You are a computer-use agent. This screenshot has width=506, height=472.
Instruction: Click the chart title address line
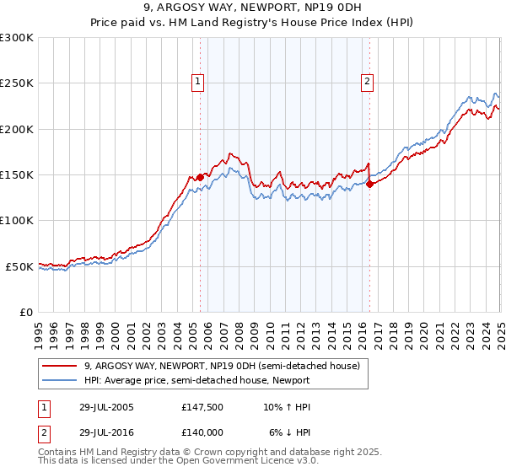(x=253, y=8)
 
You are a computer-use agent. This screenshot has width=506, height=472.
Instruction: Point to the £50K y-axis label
(x=19, y=266)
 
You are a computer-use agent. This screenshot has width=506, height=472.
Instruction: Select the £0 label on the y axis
(x=26, y=312)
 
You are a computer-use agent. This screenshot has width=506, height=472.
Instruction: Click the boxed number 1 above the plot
(x=197, y=82)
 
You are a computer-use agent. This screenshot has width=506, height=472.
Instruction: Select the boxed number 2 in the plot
(x=368, y=82)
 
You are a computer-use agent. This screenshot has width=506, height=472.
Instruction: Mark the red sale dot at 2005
(x=200, y=177)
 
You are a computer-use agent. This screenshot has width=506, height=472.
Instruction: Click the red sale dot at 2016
(x=370, y=185)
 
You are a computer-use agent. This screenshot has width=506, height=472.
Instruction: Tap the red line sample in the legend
(x=61, y=366)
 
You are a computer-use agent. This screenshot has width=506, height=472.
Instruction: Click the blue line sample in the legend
(x=61, y=380)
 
